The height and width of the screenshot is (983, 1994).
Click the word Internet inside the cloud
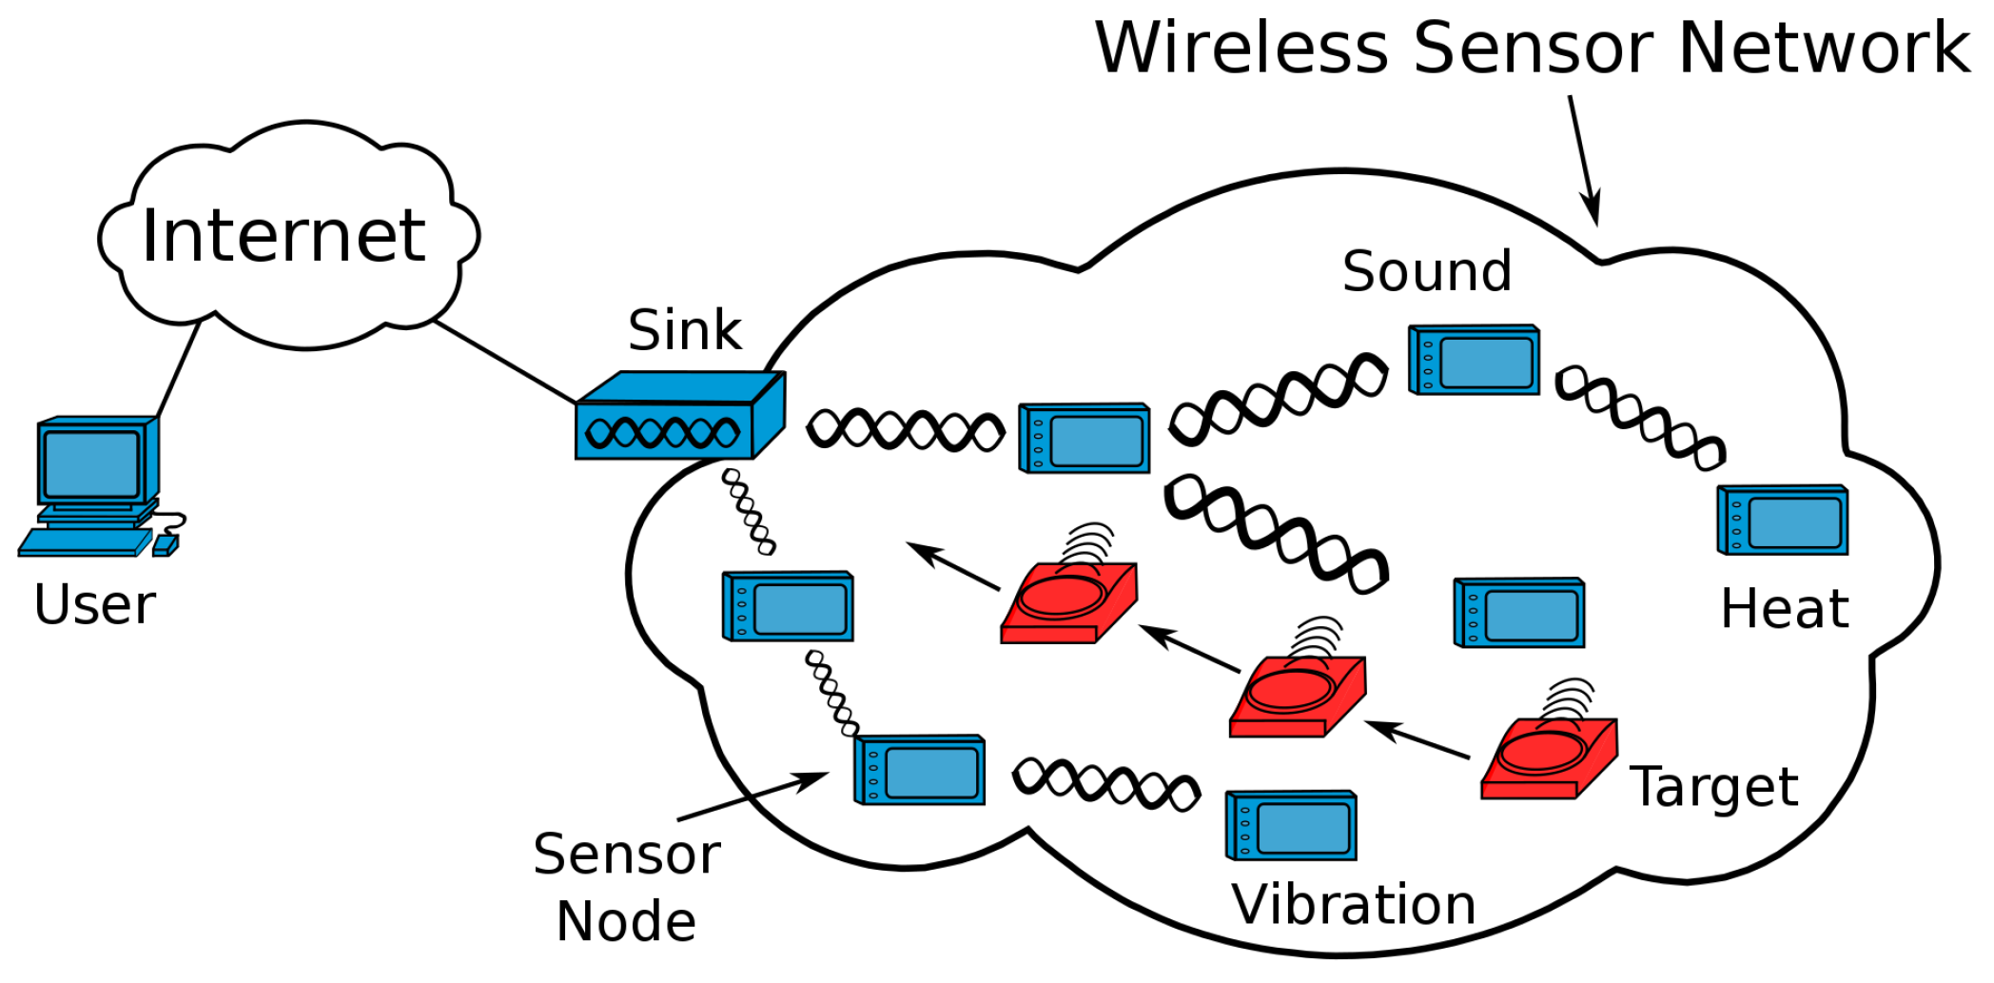[283, 235]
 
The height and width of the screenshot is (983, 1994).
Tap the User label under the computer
[95, 605]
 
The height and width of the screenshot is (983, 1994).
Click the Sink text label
[684, 330]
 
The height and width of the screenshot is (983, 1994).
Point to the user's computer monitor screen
[91, 463]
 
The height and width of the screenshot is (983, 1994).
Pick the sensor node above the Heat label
[1783, 521]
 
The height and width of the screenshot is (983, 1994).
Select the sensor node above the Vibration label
[1291, 825]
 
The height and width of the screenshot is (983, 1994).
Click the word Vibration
[1353, 904]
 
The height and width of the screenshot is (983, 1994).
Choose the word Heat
[1785, 609]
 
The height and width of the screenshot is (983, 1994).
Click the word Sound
[1426, 271]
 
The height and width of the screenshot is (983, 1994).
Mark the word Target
[1713, 787]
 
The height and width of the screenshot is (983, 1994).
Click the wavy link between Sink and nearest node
[905, 430]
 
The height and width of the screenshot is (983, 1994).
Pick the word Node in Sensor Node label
[626, 921]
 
